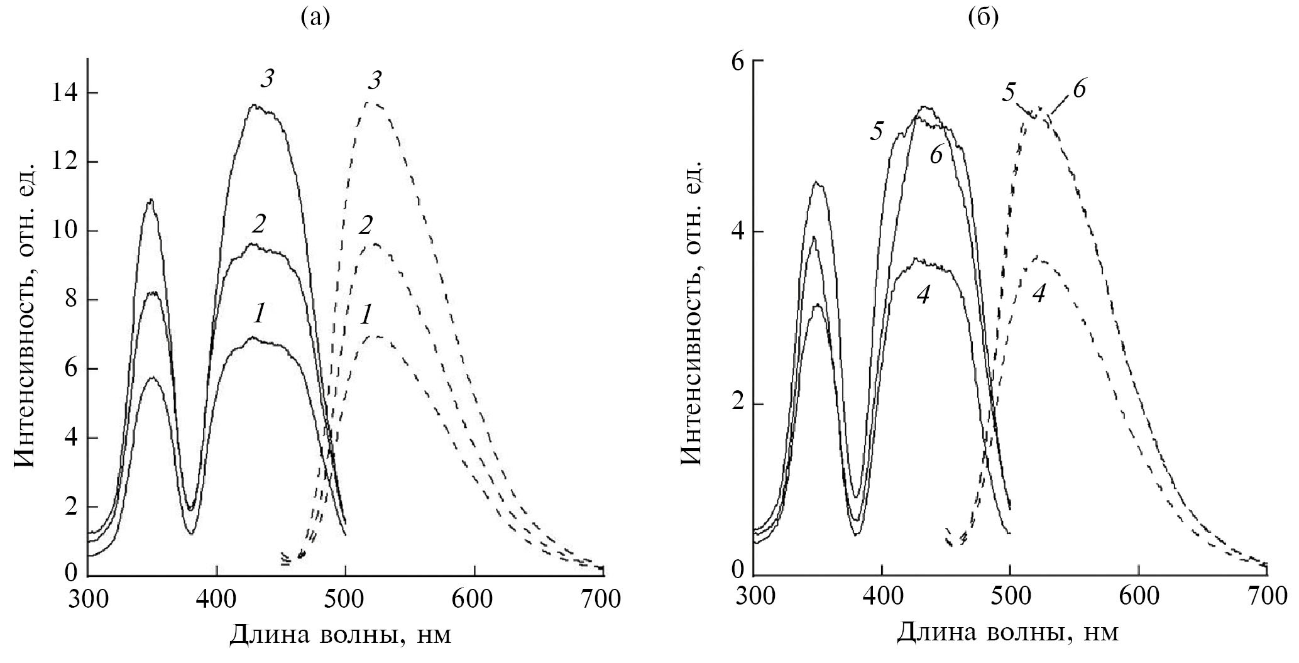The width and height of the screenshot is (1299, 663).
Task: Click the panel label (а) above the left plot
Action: (x=315, y=18)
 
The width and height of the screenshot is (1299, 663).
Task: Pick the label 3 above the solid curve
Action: (x=267, y=80)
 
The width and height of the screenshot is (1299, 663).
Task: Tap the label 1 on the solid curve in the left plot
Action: (x=257, y=314)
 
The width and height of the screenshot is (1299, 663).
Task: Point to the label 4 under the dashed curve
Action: (x=1039, y=293)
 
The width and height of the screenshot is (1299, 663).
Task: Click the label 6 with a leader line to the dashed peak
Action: (x=1078, y=90)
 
